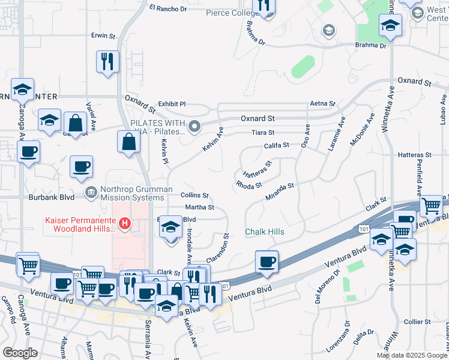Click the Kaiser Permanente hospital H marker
pos(125,224)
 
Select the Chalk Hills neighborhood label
pos(264,232)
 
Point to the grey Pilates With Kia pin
pos(194,127)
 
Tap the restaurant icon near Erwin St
pos(107,62)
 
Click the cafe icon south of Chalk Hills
pos(267,262)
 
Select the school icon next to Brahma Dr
pos(390,26)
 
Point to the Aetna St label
pos(321,104)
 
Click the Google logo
pos(20,353)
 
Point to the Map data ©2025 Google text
pos(412,355)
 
